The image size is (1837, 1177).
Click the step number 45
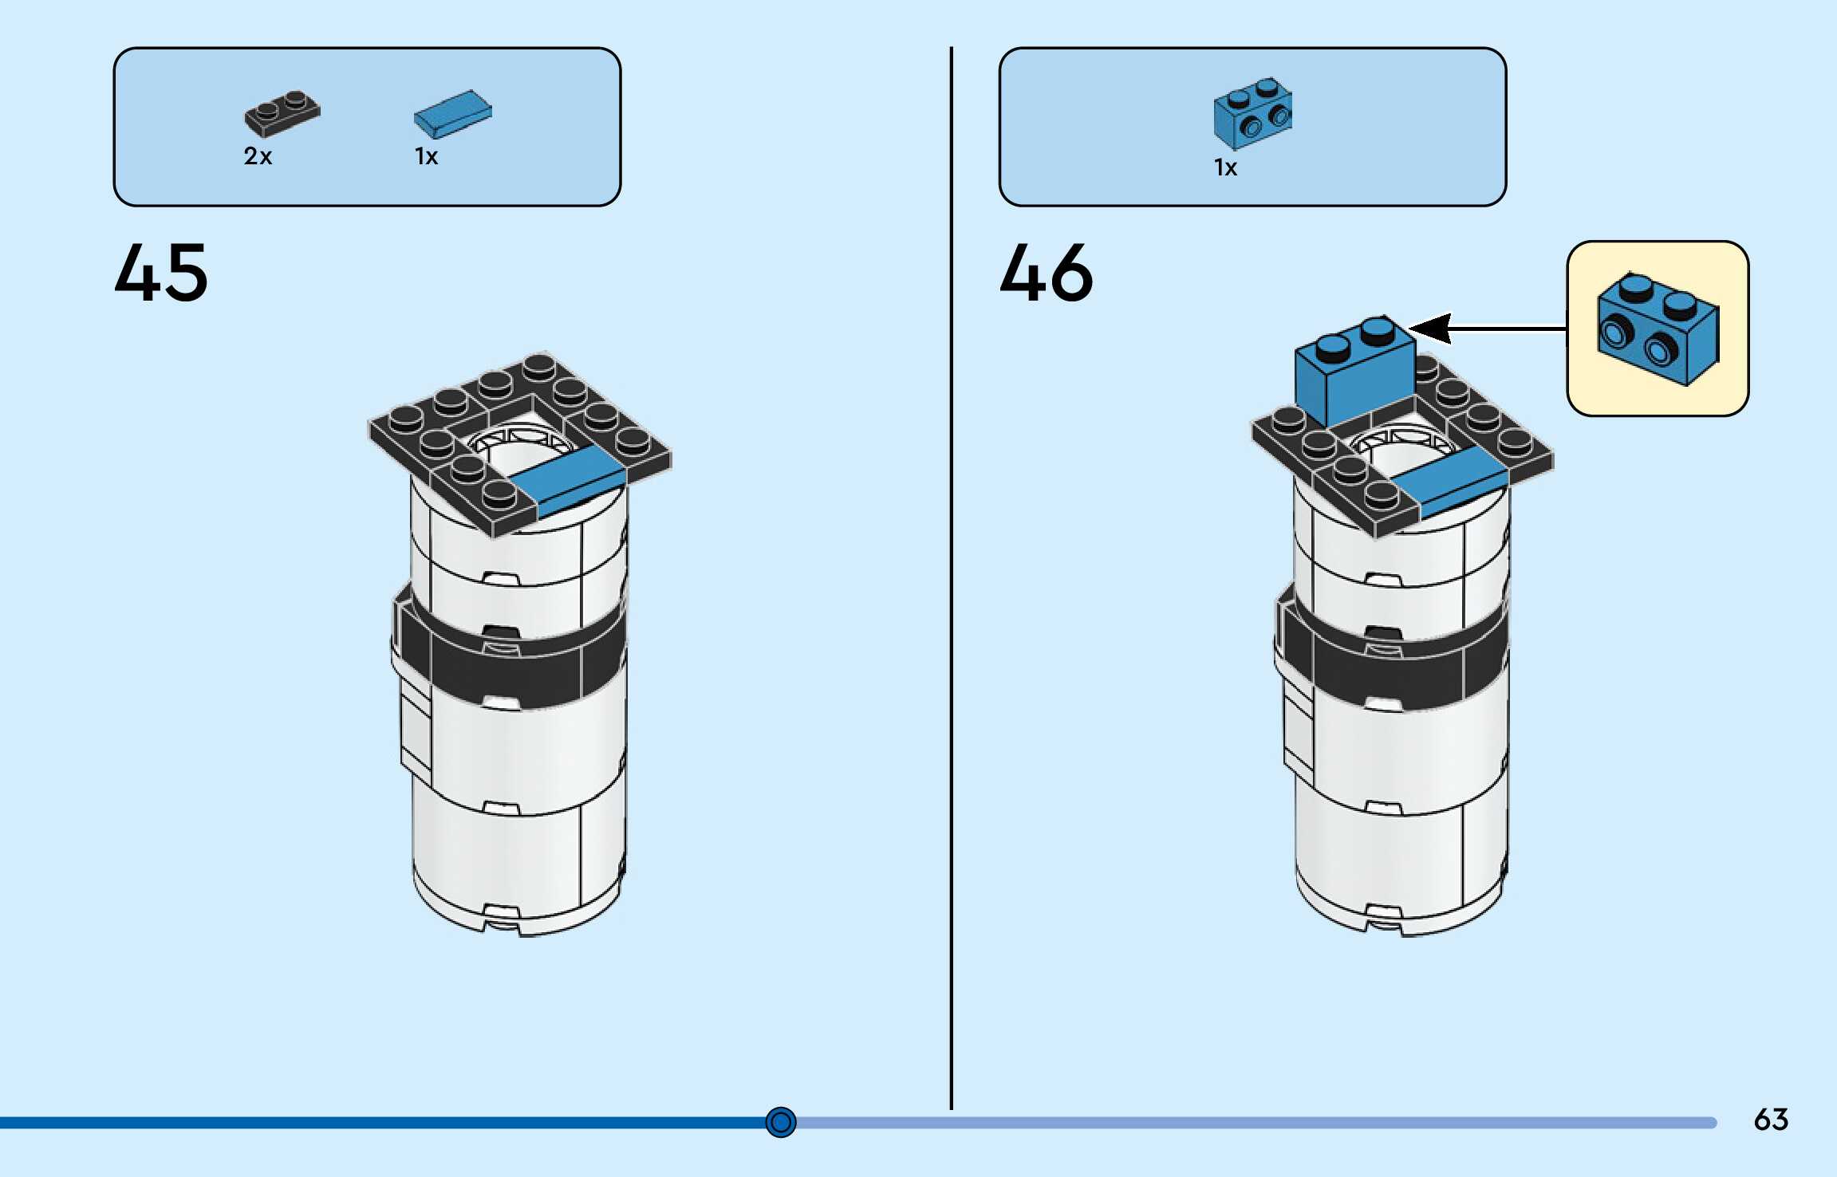click(161, 273)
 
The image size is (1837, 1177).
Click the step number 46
click(1046, 273)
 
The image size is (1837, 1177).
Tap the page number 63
click(1771, 1120)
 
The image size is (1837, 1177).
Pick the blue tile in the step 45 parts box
click(452, 113)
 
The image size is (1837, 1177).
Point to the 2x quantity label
click(258, 156)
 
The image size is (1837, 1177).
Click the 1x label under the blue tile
click(426, 156)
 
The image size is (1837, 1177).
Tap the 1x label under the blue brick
click(1225, 167)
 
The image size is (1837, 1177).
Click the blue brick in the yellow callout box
click(1658, 329)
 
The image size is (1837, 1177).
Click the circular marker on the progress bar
click(780, 1122)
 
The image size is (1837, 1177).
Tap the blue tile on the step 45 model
click(568, 478)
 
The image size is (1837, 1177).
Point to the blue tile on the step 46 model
click(1450, 481)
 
